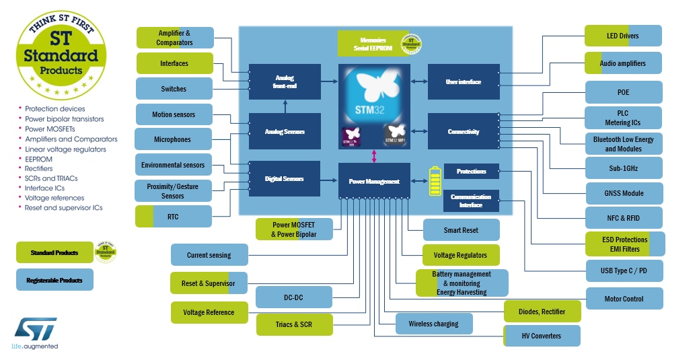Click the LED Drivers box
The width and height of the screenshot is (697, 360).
[x=623, y=36]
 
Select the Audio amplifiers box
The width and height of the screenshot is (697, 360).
[x=623, y=63]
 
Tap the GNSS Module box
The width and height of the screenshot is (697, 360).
[x=624, y=193]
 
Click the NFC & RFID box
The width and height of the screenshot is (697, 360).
[x=624, y=217]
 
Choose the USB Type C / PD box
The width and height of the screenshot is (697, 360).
[x=624, y=271]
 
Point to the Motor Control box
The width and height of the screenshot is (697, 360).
[x=624, y=299]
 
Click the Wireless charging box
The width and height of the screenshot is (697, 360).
[x=434, y=324]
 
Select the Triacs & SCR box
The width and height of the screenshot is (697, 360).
[x=294, y=324]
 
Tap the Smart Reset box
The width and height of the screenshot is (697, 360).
[x=461, y=230]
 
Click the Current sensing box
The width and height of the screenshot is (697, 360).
[x=209, y=255]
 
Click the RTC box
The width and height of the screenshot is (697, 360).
[x=174, y=217]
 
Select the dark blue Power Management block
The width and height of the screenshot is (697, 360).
[x=374, y=181]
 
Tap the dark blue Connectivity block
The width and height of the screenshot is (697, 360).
[x=464, y=132]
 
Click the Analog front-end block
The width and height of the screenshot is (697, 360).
[x=285, y=81]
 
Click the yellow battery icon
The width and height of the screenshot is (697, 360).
[x=435, y=181]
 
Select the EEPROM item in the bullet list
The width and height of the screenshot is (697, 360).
[x=38, y=159]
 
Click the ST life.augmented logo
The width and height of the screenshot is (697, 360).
[x=36, y=334]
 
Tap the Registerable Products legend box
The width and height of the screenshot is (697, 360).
[x=54, y=279]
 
